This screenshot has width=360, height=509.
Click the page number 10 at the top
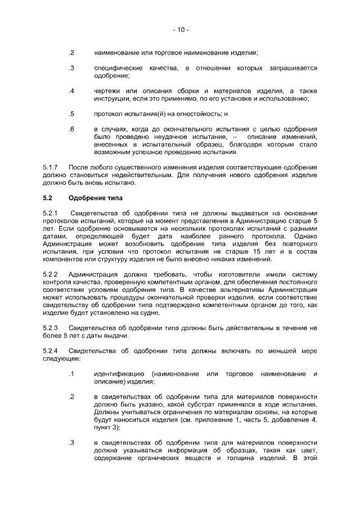(180, 29)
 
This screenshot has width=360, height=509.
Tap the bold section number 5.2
(48, 198)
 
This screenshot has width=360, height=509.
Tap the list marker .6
(71, 129)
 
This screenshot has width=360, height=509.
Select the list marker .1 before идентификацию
(71, 374)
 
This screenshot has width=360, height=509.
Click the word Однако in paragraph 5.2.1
(304, 237)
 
